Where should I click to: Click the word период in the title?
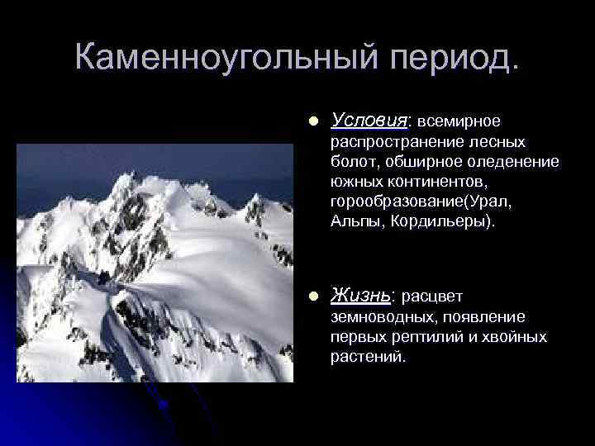pyautogui.click(x=450, y=58)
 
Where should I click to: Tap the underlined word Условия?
pyautogui.click(x=369, y=121)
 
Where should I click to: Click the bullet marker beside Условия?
pyautogui.click(x=311, y=121)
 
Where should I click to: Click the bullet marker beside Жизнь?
pyautogui.click(x=311, y=296)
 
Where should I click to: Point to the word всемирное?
pyautogui.click(x=459, y=121)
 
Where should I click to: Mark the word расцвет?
pyautogui.click(x=434, y=296)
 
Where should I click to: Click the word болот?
pyautogui.click(x=351, y=162)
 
